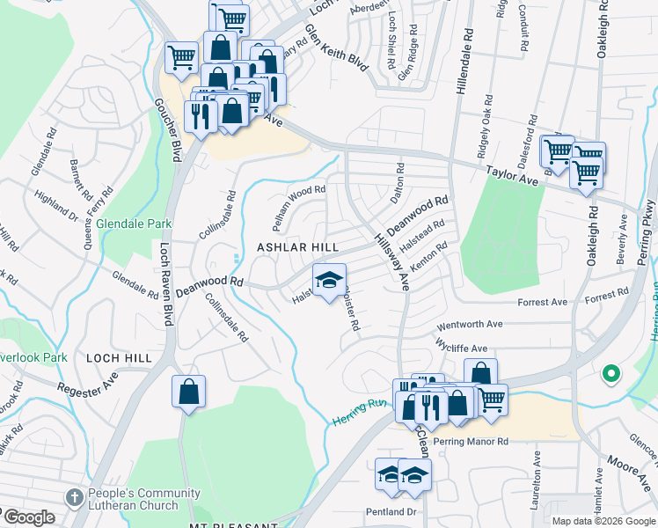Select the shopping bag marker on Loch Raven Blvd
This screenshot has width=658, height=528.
click(189, 392)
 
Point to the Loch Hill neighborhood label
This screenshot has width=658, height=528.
click(119, 358)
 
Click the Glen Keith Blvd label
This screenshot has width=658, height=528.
click(334, 48)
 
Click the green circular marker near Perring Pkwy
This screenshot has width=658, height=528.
click(610, 375)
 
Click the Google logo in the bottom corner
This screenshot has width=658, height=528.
click(28, 517)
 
